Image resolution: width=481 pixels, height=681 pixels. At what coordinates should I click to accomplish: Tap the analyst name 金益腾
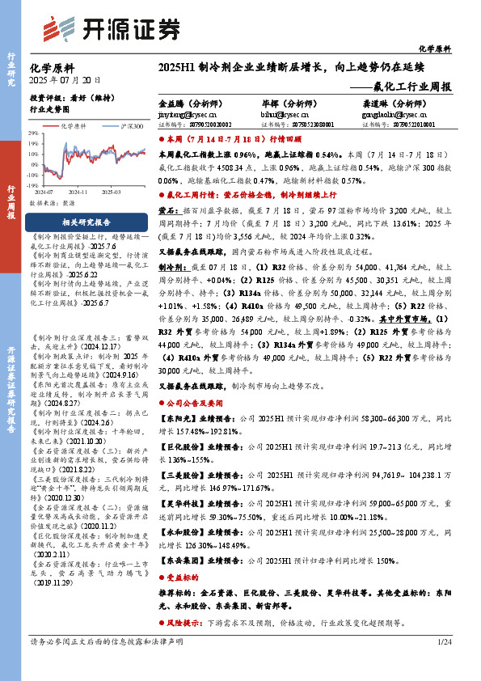coord(171,104)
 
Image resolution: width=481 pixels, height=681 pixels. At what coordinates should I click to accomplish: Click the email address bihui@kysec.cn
coord(279,115)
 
